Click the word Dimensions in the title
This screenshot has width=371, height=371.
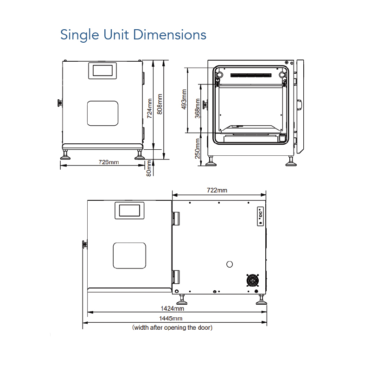(x=170, y=35)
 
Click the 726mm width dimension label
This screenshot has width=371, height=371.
(x=109, y=162)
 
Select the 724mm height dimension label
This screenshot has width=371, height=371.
(x=149, y=109)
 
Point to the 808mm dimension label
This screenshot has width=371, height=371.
(x=160, y=104)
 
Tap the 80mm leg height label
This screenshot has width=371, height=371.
(x=148, y=168)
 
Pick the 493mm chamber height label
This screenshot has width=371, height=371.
(x=184, y=99)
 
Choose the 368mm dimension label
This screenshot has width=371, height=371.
(x=198, y=109)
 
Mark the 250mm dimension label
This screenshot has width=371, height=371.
(x=198, y=148)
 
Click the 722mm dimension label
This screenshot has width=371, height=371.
(x=217, y=190)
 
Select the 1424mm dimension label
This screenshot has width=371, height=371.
(x=172, y=308)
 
